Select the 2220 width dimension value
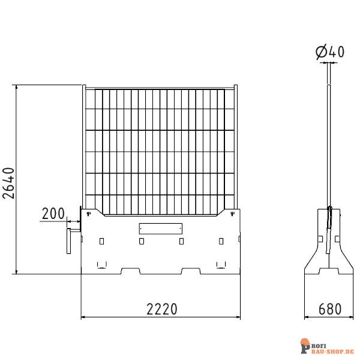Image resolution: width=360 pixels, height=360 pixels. point(161,309)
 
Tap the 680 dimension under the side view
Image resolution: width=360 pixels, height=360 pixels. point(329,309)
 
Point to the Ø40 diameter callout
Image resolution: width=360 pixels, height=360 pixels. point(330,53)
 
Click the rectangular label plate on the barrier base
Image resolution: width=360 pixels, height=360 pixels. point(160,228)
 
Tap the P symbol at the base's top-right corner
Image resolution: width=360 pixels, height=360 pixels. point(232,212)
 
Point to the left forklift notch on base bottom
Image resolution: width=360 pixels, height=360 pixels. point(131,271)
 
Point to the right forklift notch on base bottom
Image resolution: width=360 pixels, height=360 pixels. point(190,271)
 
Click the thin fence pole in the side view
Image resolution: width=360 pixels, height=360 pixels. point(329,138)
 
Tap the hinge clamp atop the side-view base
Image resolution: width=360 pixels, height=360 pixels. point(329,217)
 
